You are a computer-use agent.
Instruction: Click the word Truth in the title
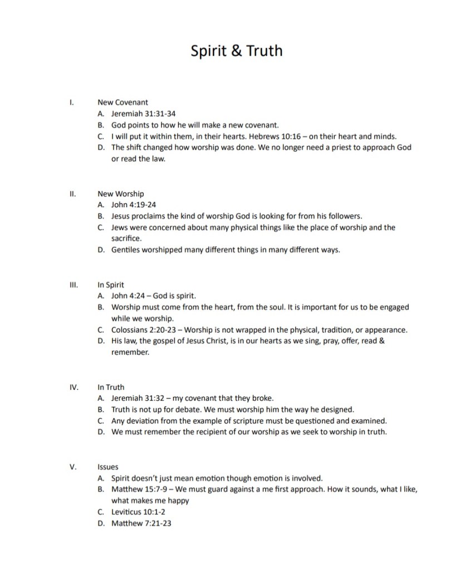[263, 51]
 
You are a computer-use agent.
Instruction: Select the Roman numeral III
[72, 285]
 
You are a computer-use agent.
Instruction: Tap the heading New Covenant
[123, 103]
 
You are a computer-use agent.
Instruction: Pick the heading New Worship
[120, 194]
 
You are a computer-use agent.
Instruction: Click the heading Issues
[107, 467]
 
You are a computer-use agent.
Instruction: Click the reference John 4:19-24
[134, 205]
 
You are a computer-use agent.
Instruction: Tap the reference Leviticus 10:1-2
[138, 512]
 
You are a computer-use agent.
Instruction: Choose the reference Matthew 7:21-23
[141, 523]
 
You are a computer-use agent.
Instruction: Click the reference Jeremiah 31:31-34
[144, 114]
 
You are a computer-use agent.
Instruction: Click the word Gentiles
[126, 250]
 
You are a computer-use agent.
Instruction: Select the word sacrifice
[126, 238]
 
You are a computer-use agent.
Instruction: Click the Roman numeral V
[72, 467]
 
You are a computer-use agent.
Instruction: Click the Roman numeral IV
[73, 387]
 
